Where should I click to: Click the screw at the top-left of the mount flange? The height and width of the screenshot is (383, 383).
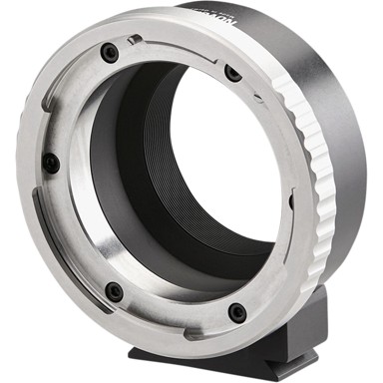coord(110,53)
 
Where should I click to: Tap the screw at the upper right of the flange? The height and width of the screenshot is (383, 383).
coord(232,73)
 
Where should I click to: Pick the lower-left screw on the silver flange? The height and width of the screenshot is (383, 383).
coord(115,291)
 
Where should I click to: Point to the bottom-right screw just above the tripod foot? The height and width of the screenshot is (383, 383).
coord(236,312)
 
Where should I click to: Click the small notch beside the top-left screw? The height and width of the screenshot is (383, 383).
coord(134,41)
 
